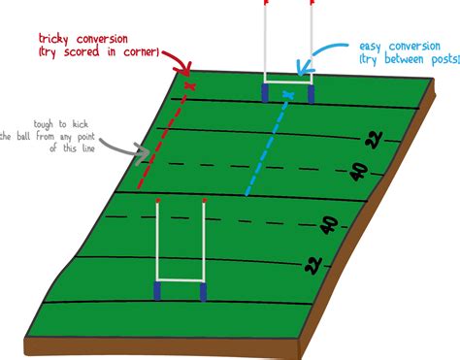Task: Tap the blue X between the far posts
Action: point(287,93)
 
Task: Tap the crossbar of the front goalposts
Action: point(181,280)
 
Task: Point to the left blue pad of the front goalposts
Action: point(157,292)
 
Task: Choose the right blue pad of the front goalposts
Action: point(203,292)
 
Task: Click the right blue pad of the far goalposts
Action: point(311,94)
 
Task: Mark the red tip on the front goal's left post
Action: point(157,201)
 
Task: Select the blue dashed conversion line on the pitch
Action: point(266,146)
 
